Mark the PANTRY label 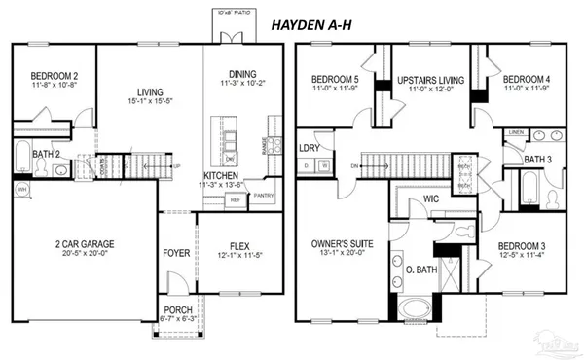point(264,195)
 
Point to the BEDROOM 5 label point(335,79)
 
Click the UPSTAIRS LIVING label point(429,79)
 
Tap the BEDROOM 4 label point(525,79)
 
